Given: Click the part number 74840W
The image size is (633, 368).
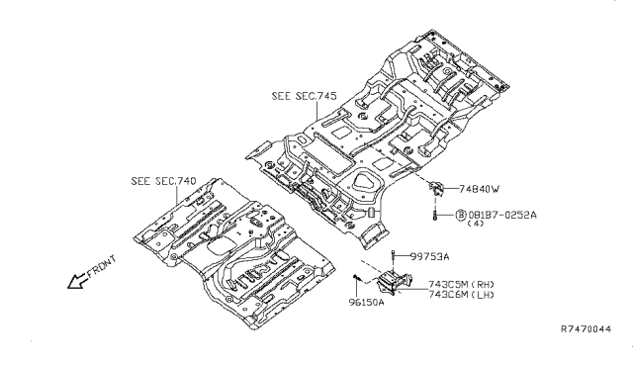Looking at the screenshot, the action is coord(479,189).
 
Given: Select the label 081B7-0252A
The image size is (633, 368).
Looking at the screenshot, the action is coord(502,215).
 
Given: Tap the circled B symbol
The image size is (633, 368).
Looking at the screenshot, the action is coord(461,215).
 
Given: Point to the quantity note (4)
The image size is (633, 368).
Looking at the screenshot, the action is coord(475,224).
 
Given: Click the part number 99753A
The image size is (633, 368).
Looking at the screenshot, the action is coord(429,256).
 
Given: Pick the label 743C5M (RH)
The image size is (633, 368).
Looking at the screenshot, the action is coord(461,284).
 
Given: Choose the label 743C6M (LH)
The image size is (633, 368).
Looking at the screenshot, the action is coord(461,295).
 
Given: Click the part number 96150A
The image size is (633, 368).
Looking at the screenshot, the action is coord(367,302).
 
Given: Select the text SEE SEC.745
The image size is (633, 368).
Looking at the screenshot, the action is coord(304,96).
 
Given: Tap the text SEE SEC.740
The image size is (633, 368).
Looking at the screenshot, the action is coord(163,181).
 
